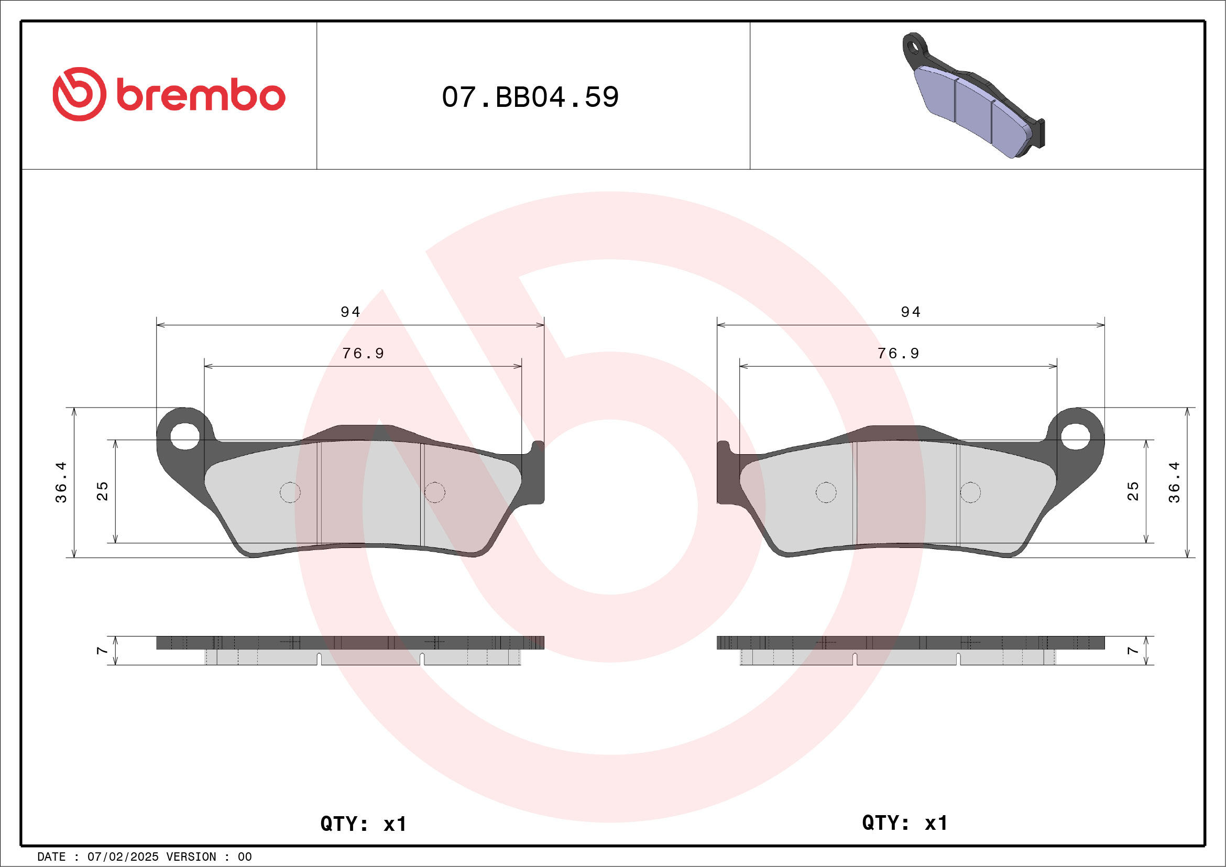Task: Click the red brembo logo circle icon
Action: (79, 94)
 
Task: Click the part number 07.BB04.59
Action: (530, 97)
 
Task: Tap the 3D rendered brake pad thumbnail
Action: (973, 96)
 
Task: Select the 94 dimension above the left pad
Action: (351, 312)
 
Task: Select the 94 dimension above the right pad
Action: (911, 312)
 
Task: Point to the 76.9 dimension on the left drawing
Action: (363, 354)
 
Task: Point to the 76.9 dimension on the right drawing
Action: (898, 354)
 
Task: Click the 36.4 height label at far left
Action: (61, 482)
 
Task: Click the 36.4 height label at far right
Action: (1174, 482)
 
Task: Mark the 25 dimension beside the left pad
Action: (102, 491)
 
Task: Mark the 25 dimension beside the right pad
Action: (1133, 491)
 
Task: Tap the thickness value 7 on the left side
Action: (102, 650)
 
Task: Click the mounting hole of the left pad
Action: (185, 436)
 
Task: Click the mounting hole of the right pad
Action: (1075, 436)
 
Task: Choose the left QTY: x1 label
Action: (363, 824)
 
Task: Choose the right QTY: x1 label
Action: (904, 822)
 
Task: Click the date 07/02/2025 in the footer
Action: (123, 857)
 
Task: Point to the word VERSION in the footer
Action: (191, 857)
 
